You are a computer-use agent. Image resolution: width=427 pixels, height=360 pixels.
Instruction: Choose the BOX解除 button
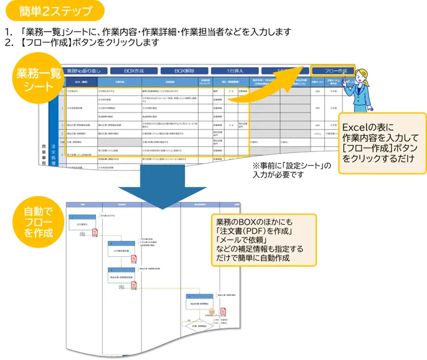coord(185,71)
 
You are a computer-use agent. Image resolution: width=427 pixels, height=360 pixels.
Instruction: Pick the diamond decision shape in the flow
coord(194,325)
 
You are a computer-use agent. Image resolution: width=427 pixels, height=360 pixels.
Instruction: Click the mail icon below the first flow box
coord(82,234)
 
